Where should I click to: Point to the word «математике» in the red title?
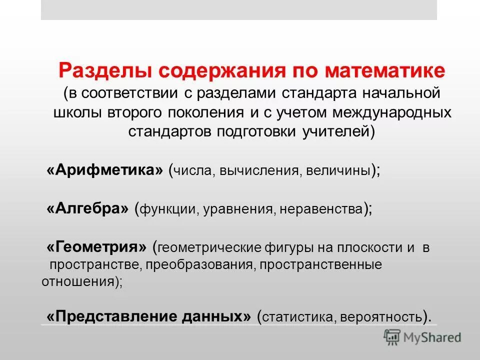click(x=384, y=70)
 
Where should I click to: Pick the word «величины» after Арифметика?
click(x=337, y=171)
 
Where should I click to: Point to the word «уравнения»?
click(x=238, y=209)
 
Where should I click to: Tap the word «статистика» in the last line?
click(x=293, y=317)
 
